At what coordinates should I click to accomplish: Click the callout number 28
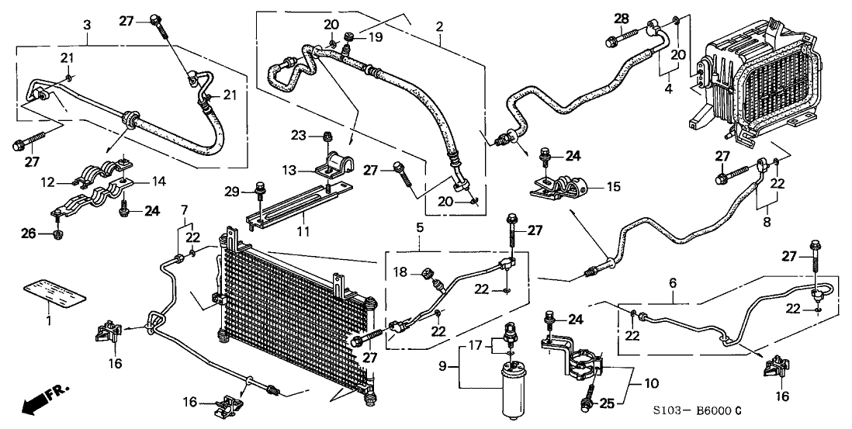tap(622, 18)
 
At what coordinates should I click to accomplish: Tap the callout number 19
tap(376, 37)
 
